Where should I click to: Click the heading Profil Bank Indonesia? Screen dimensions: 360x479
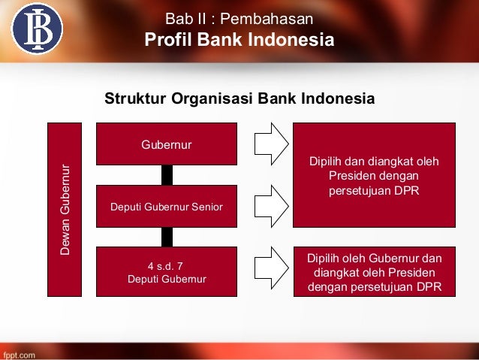(x=239, y=40)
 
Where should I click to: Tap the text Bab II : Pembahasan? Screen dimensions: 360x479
(x=239, y=17)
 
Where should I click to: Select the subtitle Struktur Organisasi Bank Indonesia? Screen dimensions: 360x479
(x=239, y=99)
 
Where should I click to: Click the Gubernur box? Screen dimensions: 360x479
(x=167, y=143)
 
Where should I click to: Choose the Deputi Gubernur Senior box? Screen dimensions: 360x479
(x=167, y=206)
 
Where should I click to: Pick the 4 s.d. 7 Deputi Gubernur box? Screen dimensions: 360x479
(x=167, y=271)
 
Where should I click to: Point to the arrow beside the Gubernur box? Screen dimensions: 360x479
(x=270, y=143)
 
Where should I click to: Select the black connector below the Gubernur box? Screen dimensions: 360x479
(x=167, y=174)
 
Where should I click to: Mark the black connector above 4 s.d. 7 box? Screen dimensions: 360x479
(x=167, y=237)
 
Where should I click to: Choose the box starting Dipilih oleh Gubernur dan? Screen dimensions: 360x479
(x=373, y=271)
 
